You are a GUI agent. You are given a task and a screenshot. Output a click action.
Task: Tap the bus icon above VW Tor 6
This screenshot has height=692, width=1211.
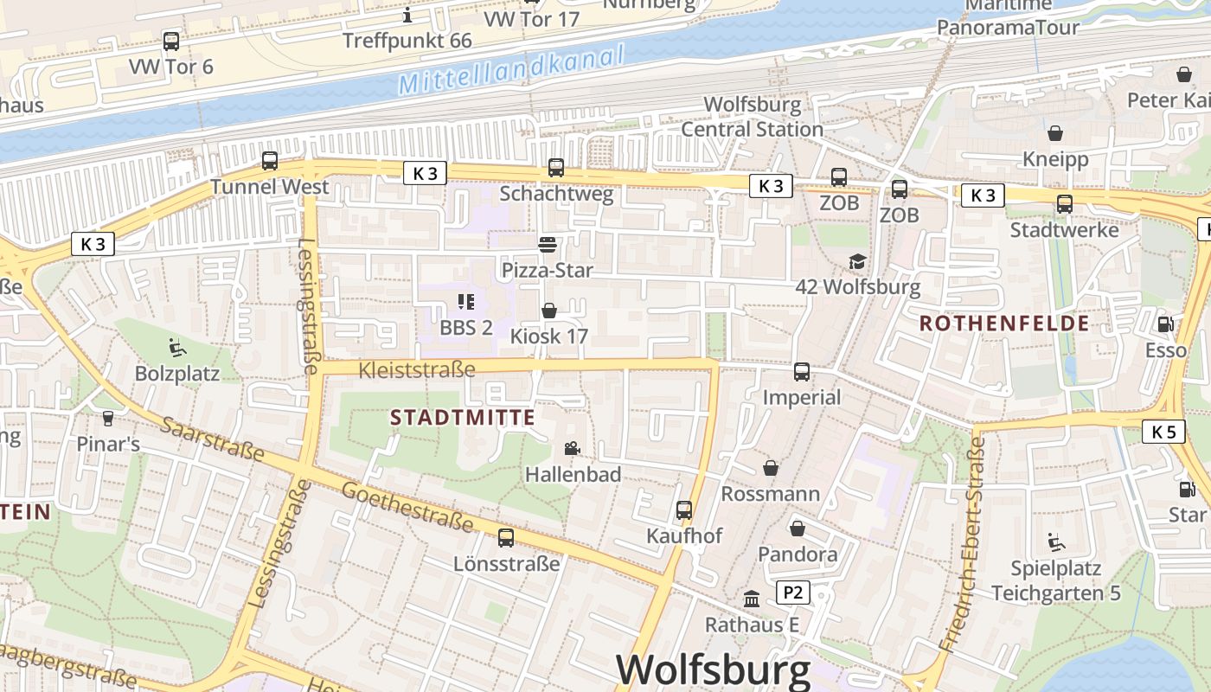point(171,41)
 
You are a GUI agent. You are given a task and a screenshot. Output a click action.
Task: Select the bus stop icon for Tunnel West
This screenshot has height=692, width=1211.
point(270,161)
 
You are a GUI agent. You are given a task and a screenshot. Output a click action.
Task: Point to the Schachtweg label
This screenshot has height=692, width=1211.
point(556,193)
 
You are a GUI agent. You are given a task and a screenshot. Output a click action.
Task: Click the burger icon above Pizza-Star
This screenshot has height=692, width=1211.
point(547,245)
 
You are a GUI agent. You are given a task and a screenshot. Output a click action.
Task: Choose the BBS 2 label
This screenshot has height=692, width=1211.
point(466,328)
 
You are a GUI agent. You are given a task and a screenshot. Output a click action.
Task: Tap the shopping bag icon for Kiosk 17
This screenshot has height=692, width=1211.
point(548,311)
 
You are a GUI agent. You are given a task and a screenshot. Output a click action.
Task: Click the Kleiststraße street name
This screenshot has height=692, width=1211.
point(416,370)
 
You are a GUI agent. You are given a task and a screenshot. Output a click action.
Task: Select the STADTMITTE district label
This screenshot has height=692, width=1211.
point(463,418)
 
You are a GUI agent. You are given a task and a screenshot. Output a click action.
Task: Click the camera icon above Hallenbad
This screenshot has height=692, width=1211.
point(572,448)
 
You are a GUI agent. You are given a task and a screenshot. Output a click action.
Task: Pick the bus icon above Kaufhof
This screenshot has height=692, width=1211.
point(684,510)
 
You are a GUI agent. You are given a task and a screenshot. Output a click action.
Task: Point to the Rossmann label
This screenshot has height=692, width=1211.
point(770,494)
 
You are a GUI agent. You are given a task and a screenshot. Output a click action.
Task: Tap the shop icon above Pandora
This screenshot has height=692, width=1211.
point(797,528)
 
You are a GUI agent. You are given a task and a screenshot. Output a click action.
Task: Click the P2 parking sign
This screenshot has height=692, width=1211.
point(793,593)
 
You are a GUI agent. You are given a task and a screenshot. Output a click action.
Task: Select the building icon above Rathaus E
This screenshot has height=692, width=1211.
point(752,599)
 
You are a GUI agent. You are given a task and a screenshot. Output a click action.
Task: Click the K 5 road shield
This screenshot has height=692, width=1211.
point(1163,432)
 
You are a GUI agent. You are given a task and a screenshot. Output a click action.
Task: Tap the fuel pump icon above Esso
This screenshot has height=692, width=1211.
point(1165,324)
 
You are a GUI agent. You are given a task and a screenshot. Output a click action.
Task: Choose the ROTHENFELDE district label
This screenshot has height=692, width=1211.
point(1004,324)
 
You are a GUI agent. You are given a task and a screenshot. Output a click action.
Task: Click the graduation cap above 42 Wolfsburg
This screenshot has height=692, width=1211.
point(857,261)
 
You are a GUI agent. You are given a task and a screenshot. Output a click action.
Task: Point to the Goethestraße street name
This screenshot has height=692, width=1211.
point(407,508)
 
